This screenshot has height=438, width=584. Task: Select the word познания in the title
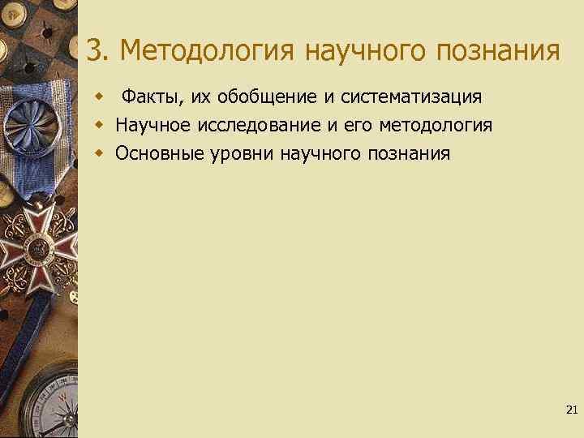[497, 51]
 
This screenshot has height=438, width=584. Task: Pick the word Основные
[155, 153]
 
